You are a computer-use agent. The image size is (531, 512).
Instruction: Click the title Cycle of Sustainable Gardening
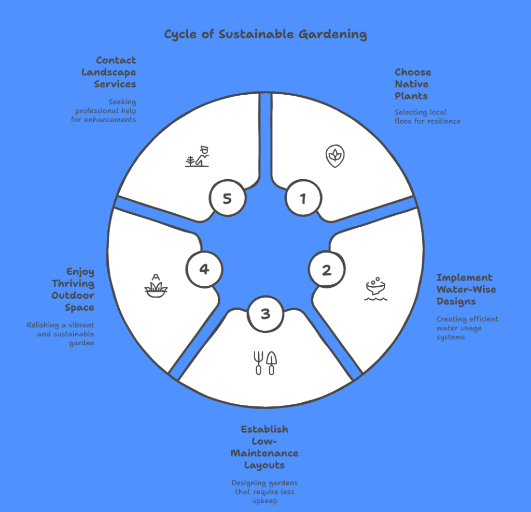[x=265, y=35]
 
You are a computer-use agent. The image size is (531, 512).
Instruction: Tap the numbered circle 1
[x=303, y=198]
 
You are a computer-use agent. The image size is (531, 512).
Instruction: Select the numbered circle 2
[x=327, y=270]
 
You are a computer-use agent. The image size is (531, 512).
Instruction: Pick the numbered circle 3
[x=265, y=314]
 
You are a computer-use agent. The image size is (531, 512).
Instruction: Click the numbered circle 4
[x=204, y=269]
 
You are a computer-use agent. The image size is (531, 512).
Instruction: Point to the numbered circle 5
[x=227, y=198]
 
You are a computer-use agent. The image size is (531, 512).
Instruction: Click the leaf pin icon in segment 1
[x=336, y=156]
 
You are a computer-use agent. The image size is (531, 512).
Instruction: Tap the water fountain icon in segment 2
[x=376, y=289]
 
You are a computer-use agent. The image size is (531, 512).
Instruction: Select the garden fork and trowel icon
[x=265, y=363]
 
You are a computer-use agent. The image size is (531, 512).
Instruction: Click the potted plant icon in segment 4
[x=156, y=286]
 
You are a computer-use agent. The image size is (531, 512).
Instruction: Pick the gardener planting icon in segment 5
[x=197, y=156]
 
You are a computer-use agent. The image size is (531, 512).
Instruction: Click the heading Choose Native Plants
[x=413, y=84]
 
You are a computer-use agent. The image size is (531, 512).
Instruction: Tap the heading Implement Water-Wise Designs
[x=466, y=289]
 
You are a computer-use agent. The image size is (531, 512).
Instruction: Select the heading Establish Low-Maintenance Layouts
[x=264, y=447]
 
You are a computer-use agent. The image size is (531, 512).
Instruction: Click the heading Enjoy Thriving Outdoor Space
[x=73, y=289]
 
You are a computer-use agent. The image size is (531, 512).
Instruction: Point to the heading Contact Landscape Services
[x=109, y=72]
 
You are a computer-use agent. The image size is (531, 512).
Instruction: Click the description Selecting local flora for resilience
[x=427, y=116]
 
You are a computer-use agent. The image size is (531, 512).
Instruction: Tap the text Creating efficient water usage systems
[x=467, y=328]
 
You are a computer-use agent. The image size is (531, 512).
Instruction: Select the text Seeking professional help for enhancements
[x=104, y=111]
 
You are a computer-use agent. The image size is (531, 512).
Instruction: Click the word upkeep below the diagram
[x=264, y=501]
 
